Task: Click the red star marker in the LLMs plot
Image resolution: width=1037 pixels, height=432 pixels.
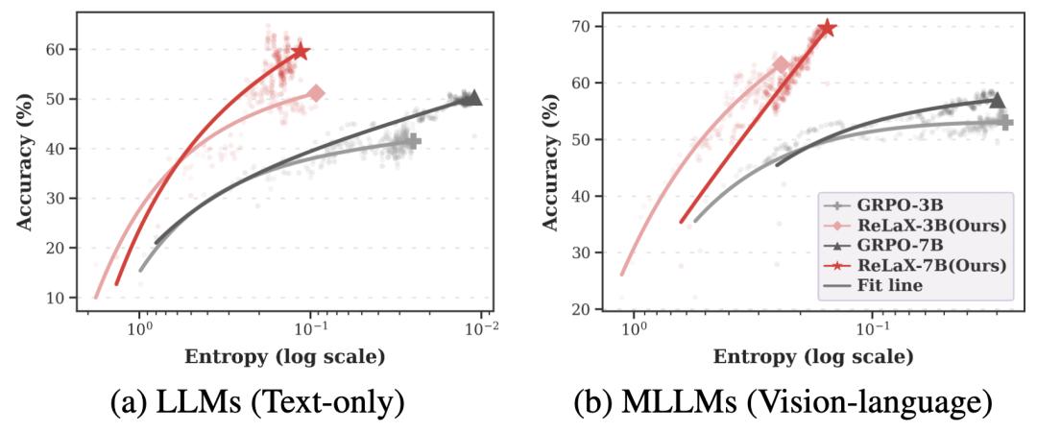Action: (x=300, y=51)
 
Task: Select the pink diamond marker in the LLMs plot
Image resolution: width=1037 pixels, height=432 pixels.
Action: (x=316, y=93)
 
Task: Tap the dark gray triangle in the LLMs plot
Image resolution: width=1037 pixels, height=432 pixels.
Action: (x=472, y=98)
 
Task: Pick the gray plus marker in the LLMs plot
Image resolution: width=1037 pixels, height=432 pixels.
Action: (x=413, y=141)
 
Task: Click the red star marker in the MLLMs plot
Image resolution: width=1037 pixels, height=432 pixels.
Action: (x=826, y=29)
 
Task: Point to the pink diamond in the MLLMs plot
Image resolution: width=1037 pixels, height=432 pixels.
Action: (x=781, y=65)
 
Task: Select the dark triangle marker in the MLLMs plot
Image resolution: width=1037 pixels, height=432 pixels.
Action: (x=997, y=100)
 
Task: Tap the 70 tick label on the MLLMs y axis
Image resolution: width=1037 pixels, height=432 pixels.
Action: (x=577, y=26)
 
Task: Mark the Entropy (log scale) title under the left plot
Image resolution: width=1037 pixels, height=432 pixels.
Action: (x=285, y=358)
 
